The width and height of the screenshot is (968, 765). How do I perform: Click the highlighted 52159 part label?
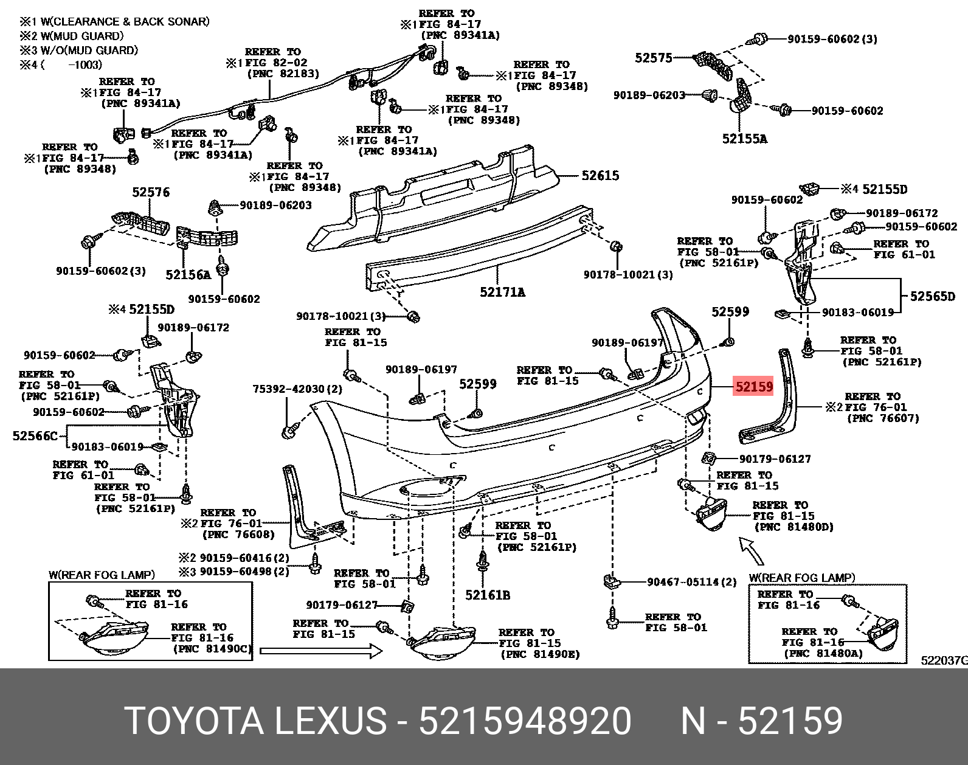click(753, 387)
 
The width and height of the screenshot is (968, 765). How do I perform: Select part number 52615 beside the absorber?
click(600, 176)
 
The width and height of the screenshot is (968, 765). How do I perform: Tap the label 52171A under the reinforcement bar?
click(502, 292)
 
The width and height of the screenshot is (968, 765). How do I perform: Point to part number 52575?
click(654, 58)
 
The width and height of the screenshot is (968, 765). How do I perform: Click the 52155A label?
click(744, 139)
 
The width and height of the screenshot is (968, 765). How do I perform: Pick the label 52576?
click(151, 193)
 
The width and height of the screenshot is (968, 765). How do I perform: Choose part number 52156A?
click(188, 275)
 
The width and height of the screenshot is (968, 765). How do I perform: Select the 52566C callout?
click(35, 436)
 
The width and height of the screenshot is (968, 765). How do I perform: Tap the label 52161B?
click(488, 595)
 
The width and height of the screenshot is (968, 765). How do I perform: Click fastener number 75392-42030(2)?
click(297, 389)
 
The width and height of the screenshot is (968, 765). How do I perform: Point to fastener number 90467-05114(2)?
click(691, 582)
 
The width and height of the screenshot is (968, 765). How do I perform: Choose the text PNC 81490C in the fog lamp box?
click(212, 649)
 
